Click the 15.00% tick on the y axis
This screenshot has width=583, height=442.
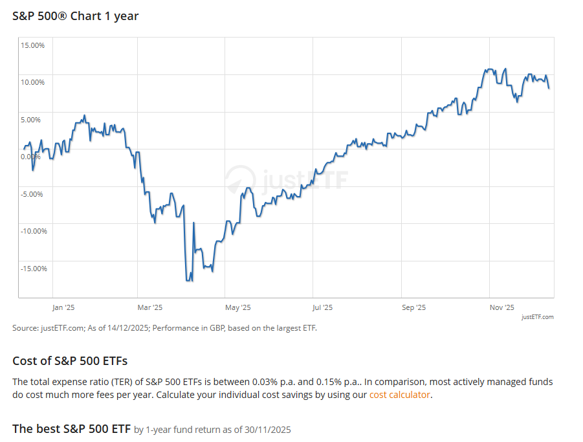pyautogui.click(x=32, y=45)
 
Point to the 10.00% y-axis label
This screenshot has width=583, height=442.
pyautogui.click(x=32, y=82)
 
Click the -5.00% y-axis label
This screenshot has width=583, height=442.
pyautogui.click(x=32, y=194)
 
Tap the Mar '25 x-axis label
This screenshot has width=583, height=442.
pyautogui.click(x=150, y=307)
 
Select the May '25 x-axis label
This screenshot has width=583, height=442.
pyautogui.click(x=237, y=307)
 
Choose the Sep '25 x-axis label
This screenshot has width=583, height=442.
pyautogui.click(x=413, y=307)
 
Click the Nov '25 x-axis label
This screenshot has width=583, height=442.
pyautogui.click(x=501, y=307)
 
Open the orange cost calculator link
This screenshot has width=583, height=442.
pyautogui.click(x=399, y=395)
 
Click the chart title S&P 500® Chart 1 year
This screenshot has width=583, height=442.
pyautogui.click(x=76, y=16)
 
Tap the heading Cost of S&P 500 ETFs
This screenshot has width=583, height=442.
pyautogui.click(x=70, y=360)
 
